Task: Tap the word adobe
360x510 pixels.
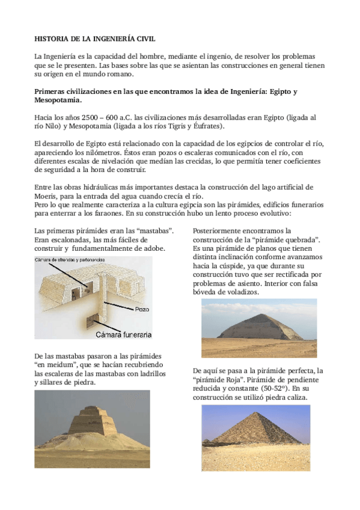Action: pos(155,248)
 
